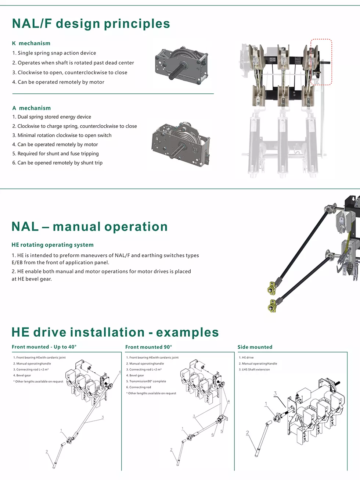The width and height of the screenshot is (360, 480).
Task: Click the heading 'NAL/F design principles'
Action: [91, 24]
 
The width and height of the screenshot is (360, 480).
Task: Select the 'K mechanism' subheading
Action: [31, 43]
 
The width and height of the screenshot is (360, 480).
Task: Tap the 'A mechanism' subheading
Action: [32, 108]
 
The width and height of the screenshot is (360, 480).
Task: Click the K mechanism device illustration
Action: [182, 63]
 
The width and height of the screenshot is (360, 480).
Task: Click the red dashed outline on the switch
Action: [321, 62]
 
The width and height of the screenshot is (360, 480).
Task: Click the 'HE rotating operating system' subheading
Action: [53, 245]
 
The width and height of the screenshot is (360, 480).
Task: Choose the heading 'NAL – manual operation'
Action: [90, 227]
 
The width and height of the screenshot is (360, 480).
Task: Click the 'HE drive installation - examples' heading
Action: [115, 332]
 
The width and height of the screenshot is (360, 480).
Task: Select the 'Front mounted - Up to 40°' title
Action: [44, 347]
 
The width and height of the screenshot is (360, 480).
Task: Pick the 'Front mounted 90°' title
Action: [148, 347]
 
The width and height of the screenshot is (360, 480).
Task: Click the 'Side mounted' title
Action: [255, 347]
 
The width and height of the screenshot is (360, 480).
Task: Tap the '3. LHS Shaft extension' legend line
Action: [254, 370]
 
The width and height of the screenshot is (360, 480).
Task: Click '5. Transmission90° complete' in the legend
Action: [146, 382]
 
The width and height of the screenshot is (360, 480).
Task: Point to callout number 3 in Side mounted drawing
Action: [275, 394]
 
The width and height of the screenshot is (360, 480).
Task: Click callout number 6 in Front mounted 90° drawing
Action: [212, 435]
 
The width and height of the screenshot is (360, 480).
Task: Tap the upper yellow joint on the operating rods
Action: [271, 288]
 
